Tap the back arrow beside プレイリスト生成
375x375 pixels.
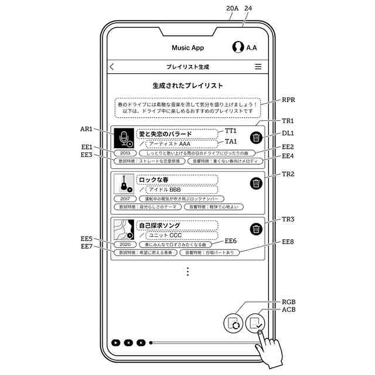112,67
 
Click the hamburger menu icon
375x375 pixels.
258,67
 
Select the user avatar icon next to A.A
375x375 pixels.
238,47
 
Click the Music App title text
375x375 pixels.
187,47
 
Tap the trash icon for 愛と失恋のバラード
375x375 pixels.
256,138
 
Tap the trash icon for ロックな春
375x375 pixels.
256,183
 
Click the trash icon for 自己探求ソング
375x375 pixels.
256,229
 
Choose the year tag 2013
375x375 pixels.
124,153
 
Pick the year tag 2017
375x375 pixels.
124,199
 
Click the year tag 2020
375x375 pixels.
124,244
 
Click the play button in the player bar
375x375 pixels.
116,342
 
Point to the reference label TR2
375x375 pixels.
288,175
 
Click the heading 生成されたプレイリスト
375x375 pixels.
187,86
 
